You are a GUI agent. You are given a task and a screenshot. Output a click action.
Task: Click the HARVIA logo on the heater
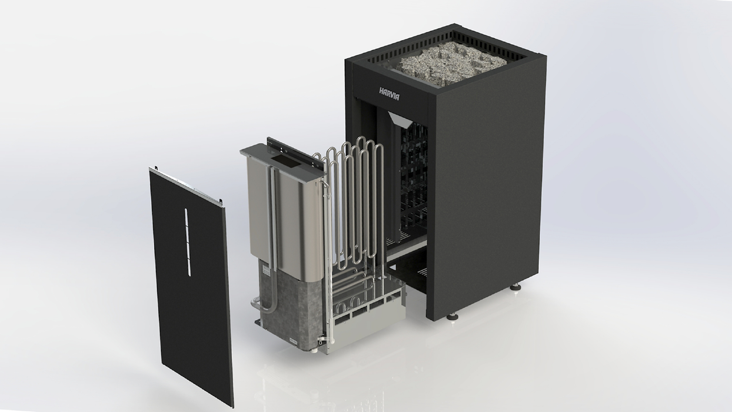tap(389, 93)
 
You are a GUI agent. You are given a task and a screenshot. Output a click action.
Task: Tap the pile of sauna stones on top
tap(448, 62)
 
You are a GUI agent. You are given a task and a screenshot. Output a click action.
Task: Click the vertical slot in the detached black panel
tap(188, 242)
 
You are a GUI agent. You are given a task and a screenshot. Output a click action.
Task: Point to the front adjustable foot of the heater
tap(452, 316)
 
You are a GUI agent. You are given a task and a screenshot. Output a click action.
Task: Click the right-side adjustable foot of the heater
tap(516, 287)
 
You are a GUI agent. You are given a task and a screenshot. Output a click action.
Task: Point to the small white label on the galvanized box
tap(266, 271)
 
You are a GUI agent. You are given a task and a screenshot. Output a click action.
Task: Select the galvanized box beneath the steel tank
tap(291, 312)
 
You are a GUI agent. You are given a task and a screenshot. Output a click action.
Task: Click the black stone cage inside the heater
tap(415, 177)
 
